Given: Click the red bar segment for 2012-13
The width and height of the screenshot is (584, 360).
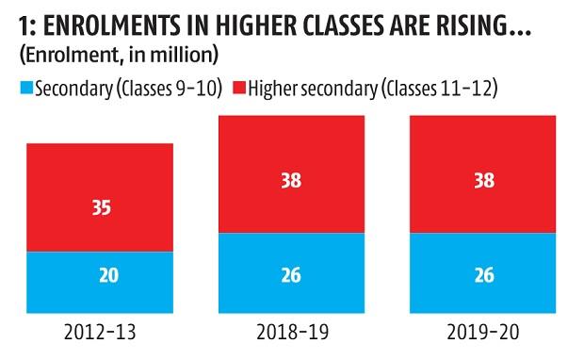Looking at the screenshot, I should [100, 197].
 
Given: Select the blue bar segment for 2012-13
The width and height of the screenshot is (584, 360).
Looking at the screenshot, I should [100, 282].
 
